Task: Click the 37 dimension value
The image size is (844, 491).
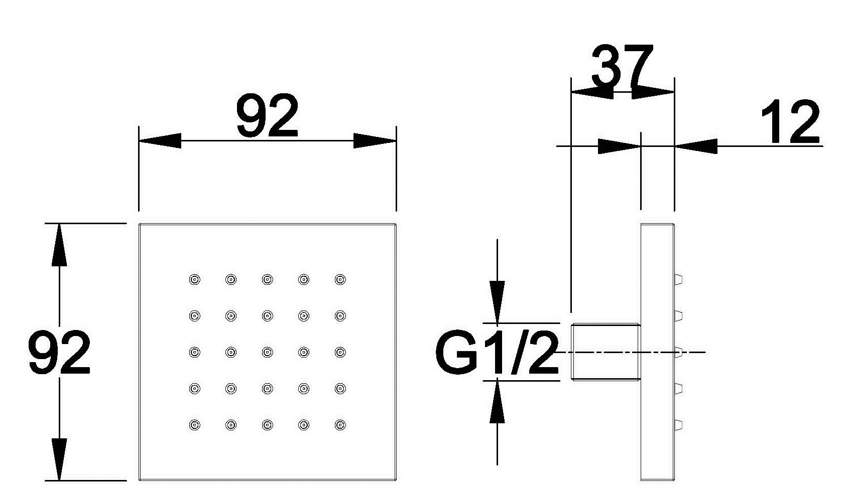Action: pyautogui.click(x=623, y=66)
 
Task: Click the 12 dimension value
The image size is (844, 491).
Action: pyautogui.click(x=790, y=121)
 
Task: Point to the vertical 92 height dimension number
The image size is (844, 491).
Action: pyautogui.click(x=59, y=352)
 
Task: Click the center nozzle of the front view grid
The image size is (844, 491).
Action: pyautogui.click(x=267, y=352)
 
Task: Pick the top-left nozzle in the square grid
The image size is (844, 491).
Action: pyautogui.click(x=194, y=279)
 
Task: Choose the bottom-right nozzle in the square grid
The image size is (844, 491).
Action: pyautogui.click(x=340, y=425)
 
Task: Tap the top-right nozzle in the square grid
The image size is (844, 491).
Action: pyautogui.click(x=340, y=279)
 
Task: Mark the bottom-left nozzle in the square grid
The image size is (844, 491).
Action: pyautogui.click(x=194, y=425)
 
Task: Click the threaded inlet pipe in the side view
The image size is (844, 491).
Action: pyautogui.click(x=606, y=352)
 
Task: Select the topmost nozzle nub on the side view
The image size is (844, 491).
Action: pyautogui.click(x=678, y=279)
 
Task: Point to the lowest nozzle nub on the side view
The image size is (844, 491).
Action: pyautogui.click(x=678, y=425)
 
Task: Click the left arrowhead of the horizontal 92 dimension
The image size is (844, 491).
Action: pyautogui.click(x=160, y=141)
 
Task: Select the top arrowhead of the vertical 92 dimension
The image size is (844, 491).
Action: pyautogui.click(x=59, y=244)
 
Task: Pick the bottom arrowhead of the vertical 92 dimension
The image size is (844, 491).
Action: pyautogui.click(x=59, y=459)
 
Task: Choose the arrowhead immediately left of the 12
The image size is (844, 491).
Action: pyautogui.click(x=696, y=146)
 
